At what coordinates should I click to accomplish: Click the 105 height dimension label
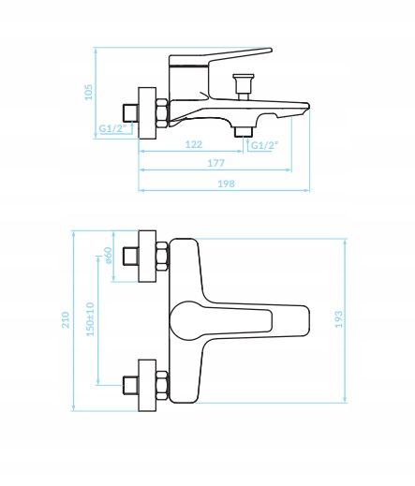89,92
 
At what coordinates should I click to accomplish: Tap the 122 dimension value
194,144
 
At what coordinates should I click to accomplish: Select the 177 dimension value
216,163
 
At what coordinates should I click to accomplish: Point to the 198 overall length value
226,184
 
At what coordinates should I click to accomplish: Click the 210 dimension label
66,319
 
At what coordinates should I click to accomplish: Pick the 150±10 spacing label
90,319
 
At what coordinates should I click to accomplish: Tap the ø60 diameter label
109,256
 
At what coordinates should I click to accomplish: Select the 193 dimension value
338,319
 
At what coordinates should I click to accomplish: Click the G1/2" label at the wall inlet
112,128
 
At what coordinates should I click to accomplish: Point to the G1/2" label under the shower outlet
264,145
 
